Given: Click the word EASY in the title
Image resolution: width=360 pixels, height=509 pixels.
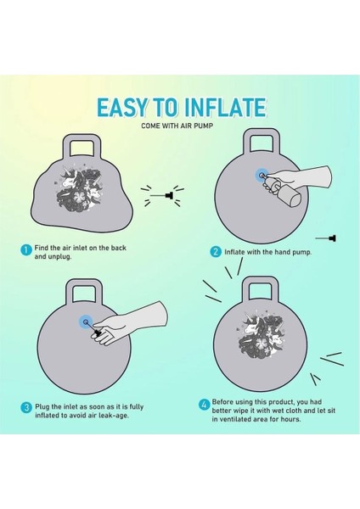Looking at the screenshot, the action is (122, 108).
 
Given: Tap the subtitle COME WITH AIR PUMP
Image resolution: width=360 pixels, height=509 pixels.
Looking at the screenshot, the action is (177, 126).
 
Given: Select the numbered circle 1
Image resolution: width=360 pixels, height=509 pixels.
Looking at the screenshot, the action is (26, 250).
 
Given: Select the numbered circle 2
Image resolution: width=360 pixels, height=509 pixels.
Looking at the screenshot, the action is (216, 252).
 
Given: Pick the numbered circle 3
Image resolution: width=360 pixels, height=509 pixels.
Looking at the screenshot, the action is (26, 408).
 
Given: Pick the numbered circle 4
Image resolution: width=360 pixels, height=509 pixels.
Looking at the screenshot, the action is (204, 405).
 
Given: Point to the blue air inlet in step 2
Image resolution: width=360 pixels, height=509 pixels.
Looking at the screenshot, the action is (262, 176).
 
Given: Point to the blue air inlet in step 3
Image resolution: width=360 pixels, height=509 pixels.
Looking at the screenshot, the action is (86, 322).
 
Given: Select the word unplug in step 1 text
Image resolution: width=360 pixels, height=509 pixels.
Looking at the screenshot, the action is (59, 256).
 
